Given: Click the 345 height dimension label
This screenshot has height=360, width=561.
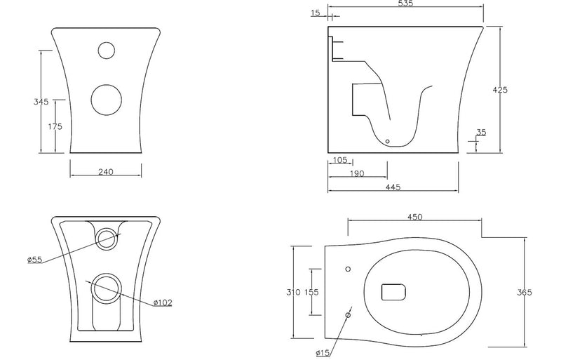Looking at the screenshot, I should [x=41, y=102].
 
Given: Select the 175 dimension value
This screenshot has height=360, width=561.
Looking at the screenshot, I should [x=56, y=126].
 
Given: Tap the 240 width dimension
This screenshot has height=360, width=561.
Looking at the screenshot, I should [x=106, y=172].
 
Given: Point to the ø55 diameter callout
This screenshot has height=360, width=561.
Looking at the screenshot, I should [x=35, y=259].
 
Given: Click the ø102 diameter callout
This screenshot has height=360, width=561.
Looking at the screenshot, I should [x=163, y=302].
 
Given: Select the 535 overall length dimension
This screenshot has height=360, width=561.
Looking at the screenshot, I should [x=405, y=4].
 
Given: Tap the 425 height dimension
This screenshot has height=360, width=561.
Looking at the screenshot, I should [x=500, y=90].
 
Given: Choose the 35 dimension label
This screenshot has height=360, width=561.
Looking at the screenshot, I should [x=480, y=132].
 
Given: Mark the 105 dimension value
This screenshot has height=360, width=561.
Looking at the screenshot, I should [x=339, y=160].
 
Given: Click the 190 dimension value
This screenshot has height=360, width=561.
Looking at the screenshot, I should [x=356, y=174].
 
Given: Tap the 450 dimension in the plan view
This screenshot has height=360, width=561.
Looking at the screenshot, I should [x=414, y=218].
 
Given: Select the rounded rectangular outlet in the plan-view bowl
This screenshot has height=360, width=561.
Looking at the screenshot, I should [x=394, y=291].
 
